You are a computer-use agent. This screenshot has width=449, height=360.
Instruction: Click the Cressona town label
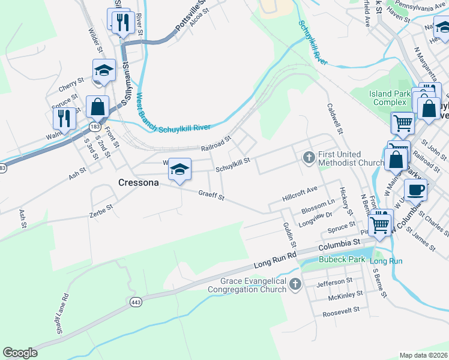(138, 182)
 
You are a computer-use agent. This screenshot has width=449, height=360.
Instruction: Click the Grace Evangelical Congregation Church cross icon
(294, 284)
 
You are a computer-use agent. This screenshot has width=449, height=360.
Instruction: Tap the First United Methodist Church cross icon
(309, 157)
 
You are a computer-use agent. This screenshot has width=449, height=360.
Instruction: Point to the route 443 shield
(136, 304)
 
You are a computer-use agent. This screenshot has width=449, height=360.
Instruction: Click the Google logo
(20, 353)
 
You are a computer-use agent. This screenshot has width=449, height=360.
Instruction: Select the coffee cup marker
(415, 190)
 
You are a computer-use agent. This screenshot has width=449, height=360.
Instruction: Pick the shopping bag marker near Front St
(97, 107)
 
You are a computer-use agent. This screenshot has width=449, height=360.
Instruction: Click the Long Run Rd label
(275, 259)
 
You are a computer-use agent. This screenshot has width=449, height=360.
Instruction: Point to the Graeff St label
(212, 195)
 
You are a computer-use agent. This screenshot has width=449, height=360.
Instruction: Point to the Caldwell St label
(334, 118)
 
